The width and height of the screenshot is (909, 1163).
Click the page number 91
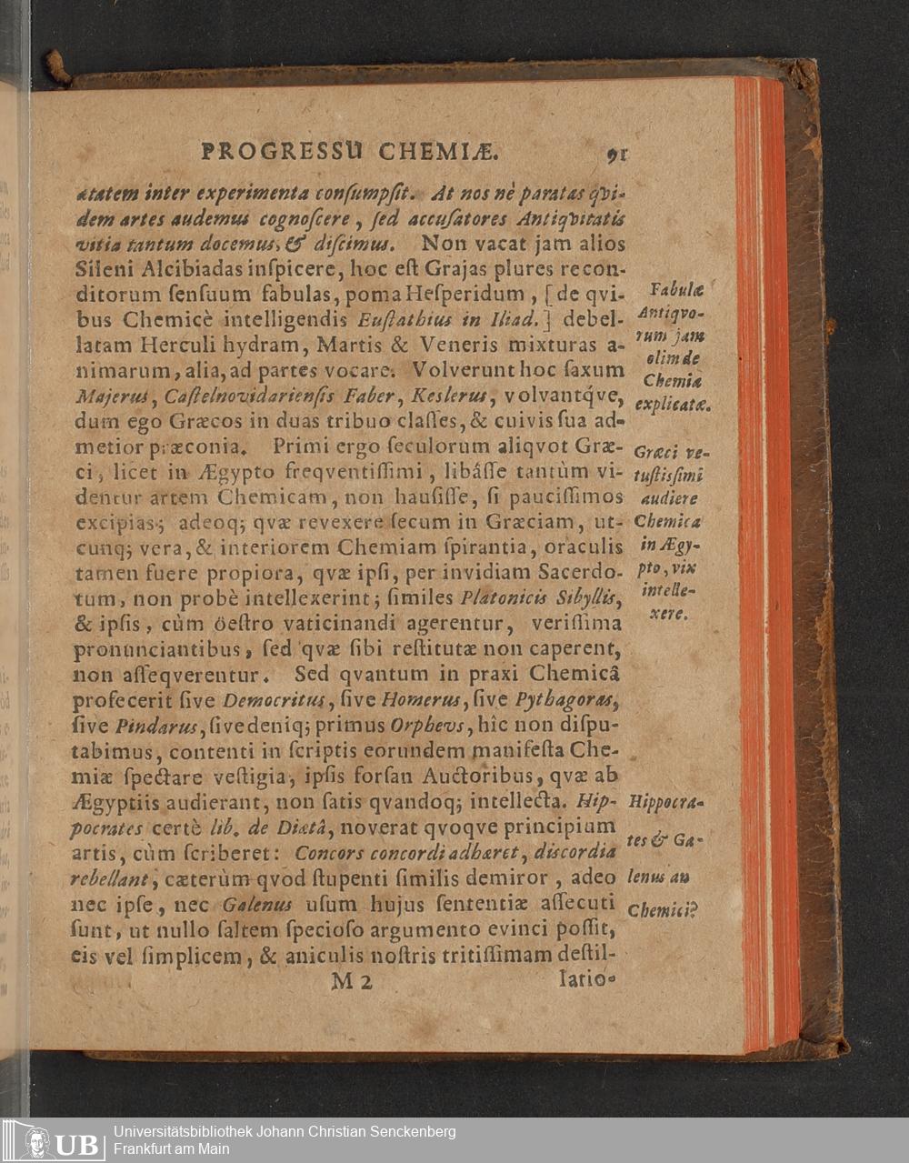tap(617, 154)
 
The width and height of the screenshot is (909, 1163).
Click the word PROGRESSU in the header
tap(282, 150)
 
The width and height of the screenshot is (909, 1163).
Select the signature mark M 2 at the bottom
tap(351, 981)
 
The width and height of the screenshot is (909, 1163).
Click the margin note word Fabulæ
tap(674, 291)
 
